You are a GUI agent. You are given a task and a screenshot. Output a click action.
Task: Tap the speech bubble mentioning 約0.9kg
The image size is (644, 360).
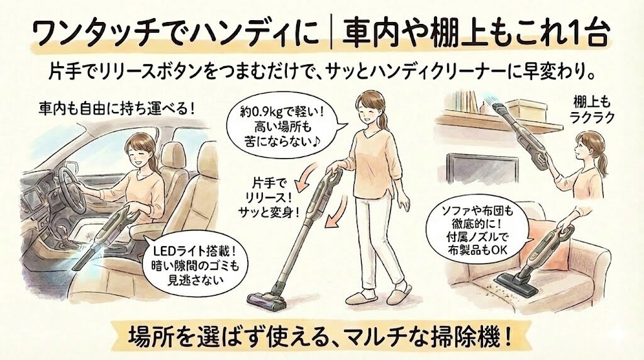pyautogui.click(x=283, y=126)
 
